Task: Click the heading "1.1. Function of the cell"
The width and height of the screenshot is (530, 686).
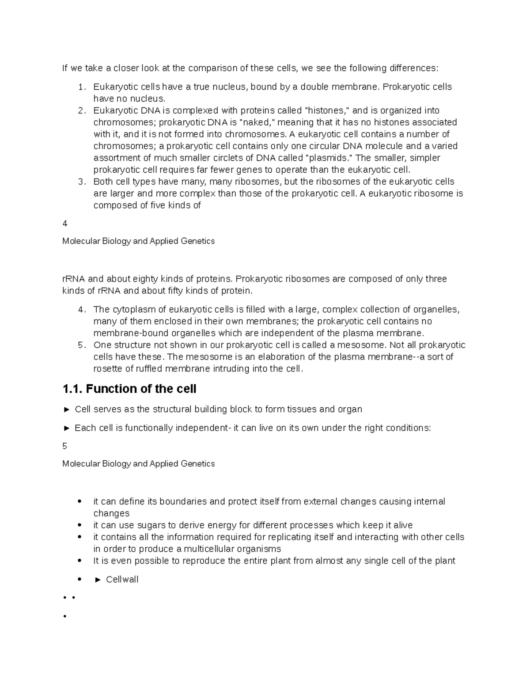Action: (x=129, y=389)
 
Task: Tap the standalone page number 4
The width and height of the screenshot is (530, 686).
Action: (x=65, y=224)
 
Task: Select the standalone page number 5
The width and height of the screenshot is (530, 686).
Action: (x=65, y=447)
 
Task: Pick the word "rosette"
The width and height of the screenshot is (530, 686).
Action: (x=108, y=369)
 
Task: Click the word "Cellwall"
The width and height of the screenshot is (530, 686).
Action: (x=122, y=580)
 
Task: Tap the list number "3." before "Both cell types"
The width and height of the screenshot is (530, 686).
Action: (x=81, y=182)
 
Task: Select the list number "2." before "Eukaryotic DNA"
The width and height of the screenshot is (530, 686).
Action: (x=81, y=110)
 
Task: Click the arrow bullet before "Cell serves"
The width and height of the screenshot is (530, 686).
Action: (x=67, y=409)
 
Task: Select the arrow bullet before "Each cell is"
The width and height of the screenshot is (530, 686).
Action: (x=67, y=428)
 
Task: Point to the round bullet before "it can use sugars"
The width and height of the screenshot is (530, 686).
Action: (x=79, y=525)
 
